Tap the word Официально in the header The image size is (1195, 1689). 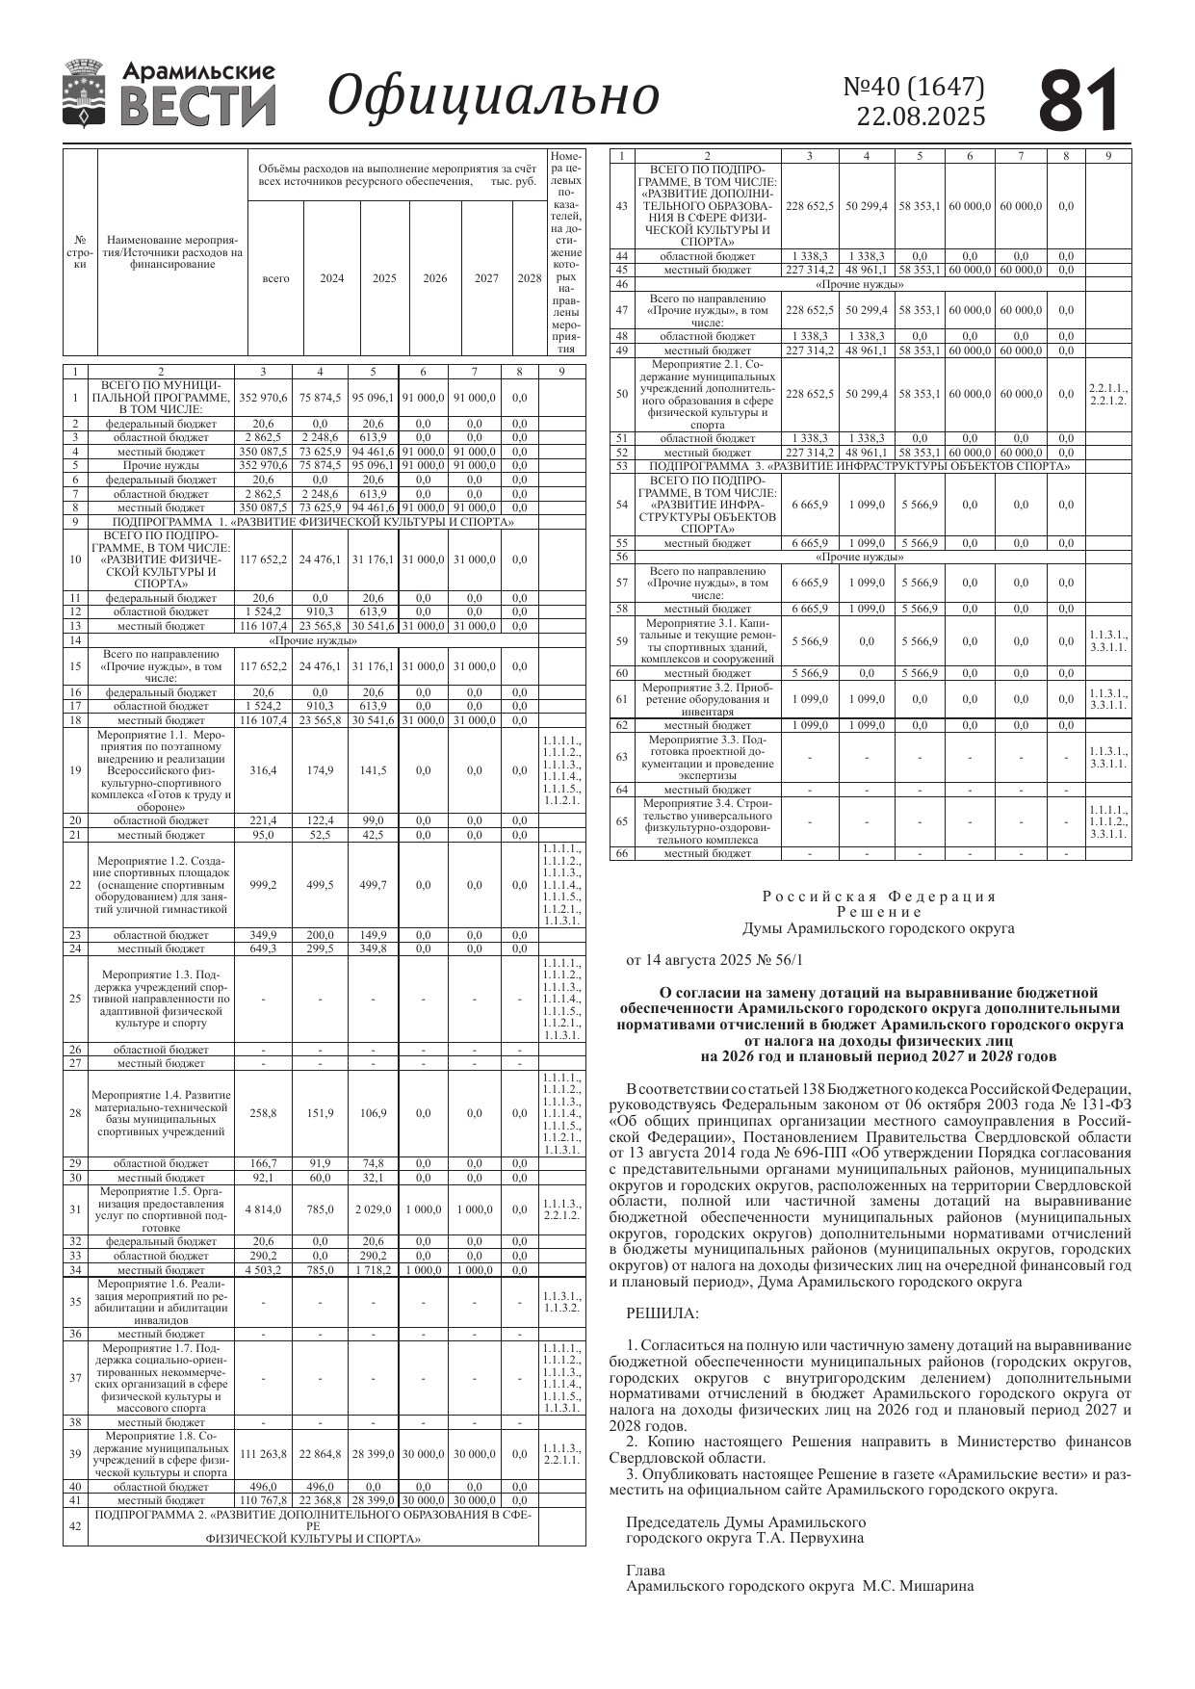[x=493, y=96]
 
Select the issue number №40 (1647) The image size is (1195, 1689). [x=914, y=88]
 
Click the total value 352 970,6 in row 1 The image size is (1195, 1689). [x=263, y=397]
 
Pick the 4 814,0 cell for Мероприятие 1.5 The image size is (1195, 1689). [x=263, y=1209]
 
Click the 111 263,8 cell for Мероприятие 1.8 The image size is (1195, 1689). [x=263, y=1454]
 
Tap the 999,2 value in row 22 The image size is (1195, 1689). [x=263, y=885]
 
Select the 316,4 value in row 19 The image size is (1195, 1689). [x=263, y=770]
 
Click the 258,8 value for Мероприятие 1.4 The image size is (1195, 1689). [x=263, y=1113]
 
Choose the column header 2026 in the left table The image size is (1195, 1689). [x=435, y=279]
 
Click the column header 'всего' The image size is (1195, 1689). [x=275, y=279]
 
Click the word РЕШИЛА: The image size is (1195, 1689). [x=662, y=1313]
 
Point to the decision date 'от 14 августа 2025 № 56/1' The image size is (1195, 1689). [x=714, y=960]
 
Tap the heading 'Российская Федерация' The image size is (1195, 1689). [x=879, y=896]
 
